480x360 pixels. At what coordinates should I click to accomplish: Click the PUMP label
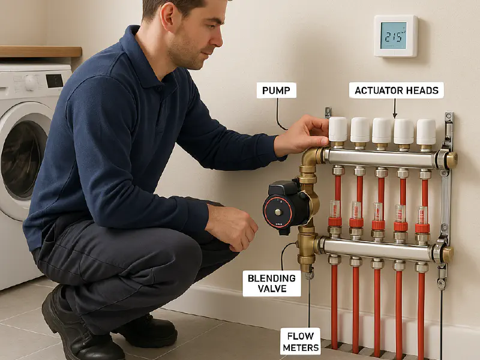(277, 91)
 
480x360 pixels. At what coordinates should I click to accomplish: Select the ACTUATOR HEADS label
(397, 91)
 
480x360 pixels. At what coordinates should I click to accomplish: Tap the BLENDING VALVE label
(271, 283)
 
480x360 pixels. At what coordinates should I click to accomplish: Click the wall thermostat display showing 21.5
(394, 36)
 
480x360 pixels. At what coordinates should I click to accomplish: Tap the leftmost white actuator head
(338, 129)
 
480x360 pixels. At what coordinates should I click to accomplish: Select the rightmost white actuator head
(426, 131)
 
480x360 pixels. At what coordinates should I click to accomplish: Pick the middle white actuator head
(382, 130)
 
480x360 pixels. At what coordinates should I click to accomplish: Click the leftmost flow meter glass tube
(335, 209)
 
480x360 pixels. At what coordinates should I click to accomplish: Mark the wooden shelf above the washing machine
(40, 52)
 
